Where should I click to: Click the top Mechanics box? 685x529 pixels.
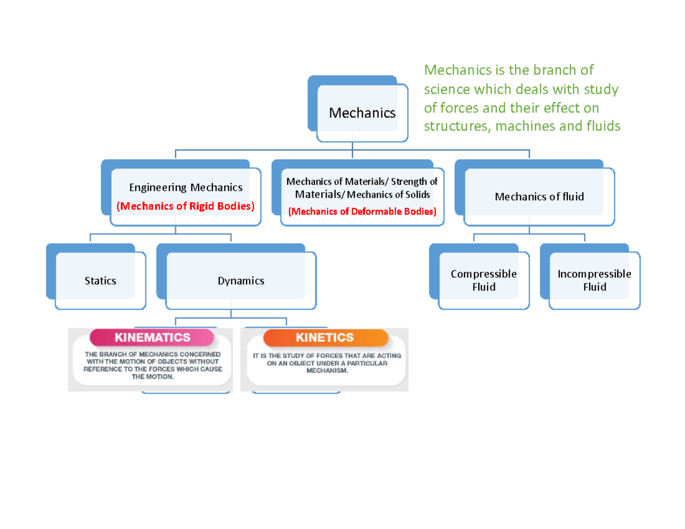click(362, 113)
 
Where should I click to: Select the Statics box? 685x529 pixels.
click(100, 281)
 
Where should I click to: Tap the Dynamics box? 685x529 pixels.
click(241, 281)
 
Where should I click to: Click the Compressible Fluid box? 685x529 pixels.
click(483, 280)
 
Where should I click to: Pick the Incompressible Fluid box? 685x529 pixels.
click(594, 280)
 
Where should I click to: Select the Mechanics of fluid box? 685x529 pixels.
click(539, 197)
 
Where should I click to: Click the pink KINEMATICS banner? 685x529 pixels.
click(152, 337)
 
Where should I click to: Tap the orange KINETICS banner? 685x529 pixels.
click(325, 337)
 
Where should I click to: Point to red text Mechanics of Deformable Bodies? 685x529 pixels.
click(362, 212)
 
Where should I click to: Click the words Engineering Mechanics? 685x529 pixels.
click(186, 187)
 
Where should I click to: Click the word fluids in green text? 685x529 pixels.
click(602, 126)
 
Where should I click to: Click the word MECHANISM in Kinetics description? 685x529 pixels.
click(327, 370)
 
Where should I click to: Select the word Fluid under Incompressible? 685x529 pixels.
click(594, 287)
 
